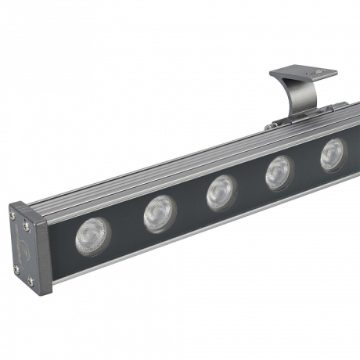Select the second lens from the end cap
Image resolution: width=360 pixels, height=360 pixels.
160,213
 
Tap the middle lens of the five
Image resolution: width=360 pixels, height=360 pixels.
222,192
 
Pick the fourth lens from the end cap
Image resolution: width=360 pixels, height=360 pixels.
279,171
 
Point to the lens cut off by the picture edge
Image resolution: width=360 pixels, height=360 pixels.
333,153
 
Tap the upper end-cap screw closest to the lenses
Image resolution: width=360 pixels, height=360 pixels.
27,225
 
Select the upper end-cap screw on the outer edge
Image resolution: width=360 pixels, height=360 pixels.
12,214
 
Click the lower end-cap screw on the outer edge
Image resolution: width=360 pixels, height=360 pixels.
16,269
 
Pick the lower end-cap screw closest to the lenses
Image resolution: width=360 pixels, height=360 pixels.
31,280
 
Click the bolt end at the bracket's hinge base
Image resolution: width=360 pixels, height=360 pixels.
271,125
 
